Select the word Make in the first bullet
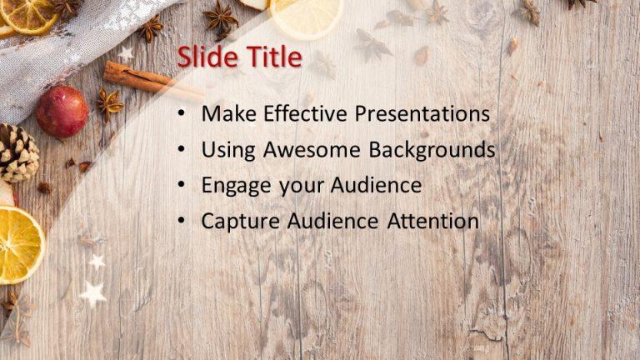230,114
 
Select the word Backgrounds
432,150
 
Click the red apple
62,112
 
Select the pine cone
16,152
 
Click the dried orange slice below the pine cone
18,245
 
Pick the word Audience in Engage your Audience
378,186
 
